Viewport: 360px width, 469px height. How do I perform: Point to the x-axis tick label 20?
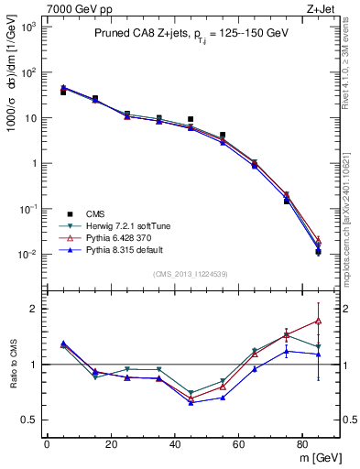[110, 445]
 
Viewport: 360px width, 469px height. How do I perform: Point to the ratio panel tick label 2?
[35, 309]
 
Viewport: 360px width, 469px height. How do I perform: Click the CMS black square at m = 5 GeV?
[62, 93]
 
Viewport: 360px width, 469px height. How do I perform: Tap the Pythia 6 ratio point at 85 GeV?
[318, 321]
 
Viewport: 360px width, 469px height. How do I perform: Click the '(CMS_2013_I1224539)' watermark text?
[191, 272]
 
